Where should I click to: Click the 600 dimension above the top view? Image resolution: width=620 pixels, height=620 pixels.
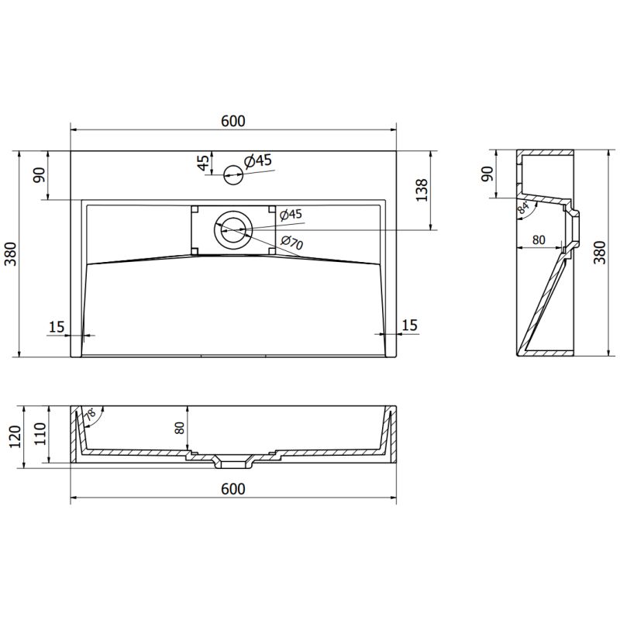(232, 121)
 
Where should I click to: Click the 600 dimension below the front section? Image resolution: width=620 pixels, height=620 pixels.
(232, 489)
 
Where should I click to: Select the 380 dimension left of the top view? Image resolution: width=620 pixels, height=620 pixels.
(10, 254)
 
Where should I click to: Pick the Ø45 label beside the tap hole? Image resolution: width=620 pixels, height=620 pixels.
(257, 161)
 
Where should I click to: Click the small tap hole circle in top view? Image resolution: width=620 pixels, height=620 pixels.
(232, 174)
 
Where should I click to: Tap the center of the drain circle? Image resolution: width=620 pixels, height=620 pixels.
(233, 229)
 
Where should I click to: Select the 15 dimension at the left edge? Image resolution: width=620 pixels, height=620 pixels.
(56, 326)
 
